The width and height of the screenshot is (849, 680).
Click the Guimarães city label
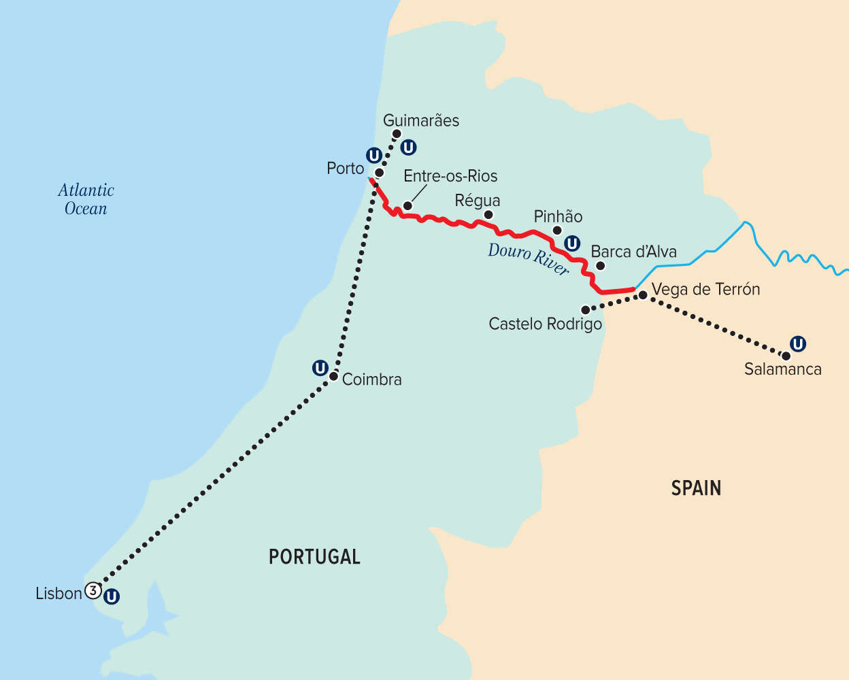420,120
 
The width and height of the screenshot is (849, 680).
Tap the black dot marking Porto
379,173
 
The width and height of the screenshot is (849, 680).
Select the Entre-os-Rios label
450,176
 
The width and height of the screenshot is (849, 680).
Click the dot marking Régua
488,215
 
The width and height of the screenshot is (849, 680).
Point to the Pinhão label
558,217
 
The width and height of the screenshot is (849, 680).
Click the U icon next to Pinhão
573,243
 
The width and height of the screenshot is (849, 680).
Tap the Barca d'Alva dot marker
600,266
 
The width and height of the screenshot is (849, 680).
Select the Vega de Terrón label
705,289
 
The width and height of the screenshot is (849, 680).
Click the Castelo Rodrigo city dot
585,309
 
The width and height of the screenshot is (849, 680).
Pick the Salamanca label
782,369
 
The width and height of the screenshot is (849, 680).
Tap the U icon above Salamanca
798,344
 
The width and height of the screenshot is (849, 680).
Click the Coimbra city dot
333,376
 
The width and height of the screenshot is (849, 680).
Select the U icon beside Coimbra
320,369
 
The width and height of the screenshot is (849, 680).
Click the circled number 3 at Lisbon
93,590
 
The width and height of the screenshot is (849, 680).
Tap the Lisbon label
59,594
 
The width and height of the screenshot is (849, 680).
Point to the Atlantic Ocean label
86,199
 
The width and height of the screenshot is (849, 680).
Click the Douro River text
528,259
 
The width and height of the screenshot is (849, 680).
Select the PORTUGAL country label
314,557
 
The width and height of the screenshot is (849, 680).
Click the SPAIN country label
696,488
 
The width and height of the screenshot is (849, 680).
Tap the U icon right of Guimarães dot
408,147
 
